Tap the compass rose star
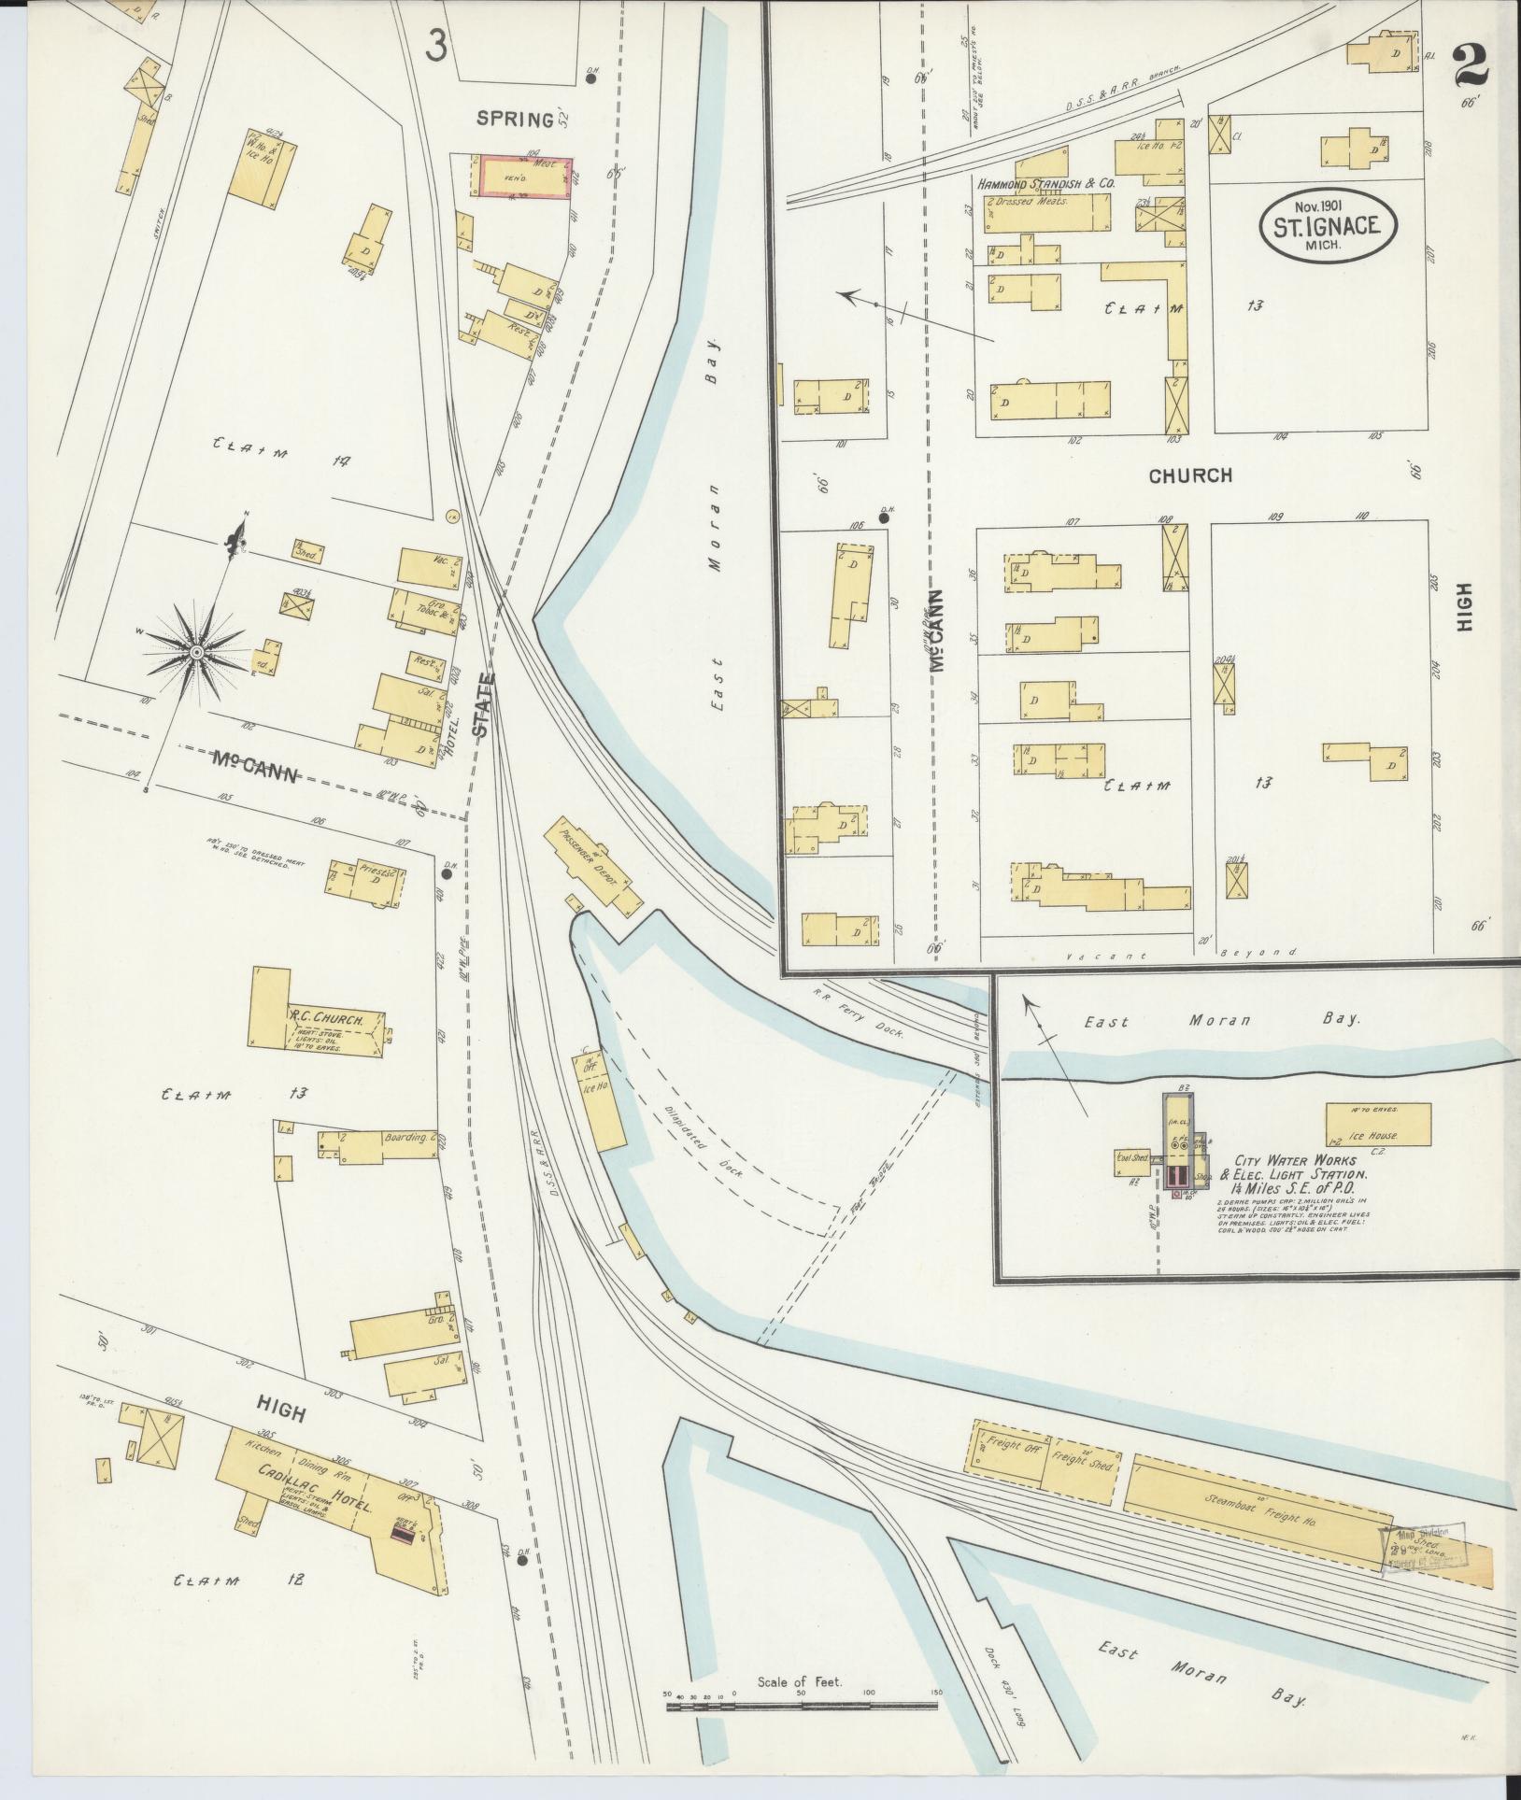tap(197, 651)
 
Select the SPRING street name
tap(515, 119)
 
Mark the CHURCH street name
tap(1190, 475)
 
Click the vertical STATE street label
tap(482, 706)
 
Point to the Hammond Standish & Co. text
tap(1046, 185)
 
